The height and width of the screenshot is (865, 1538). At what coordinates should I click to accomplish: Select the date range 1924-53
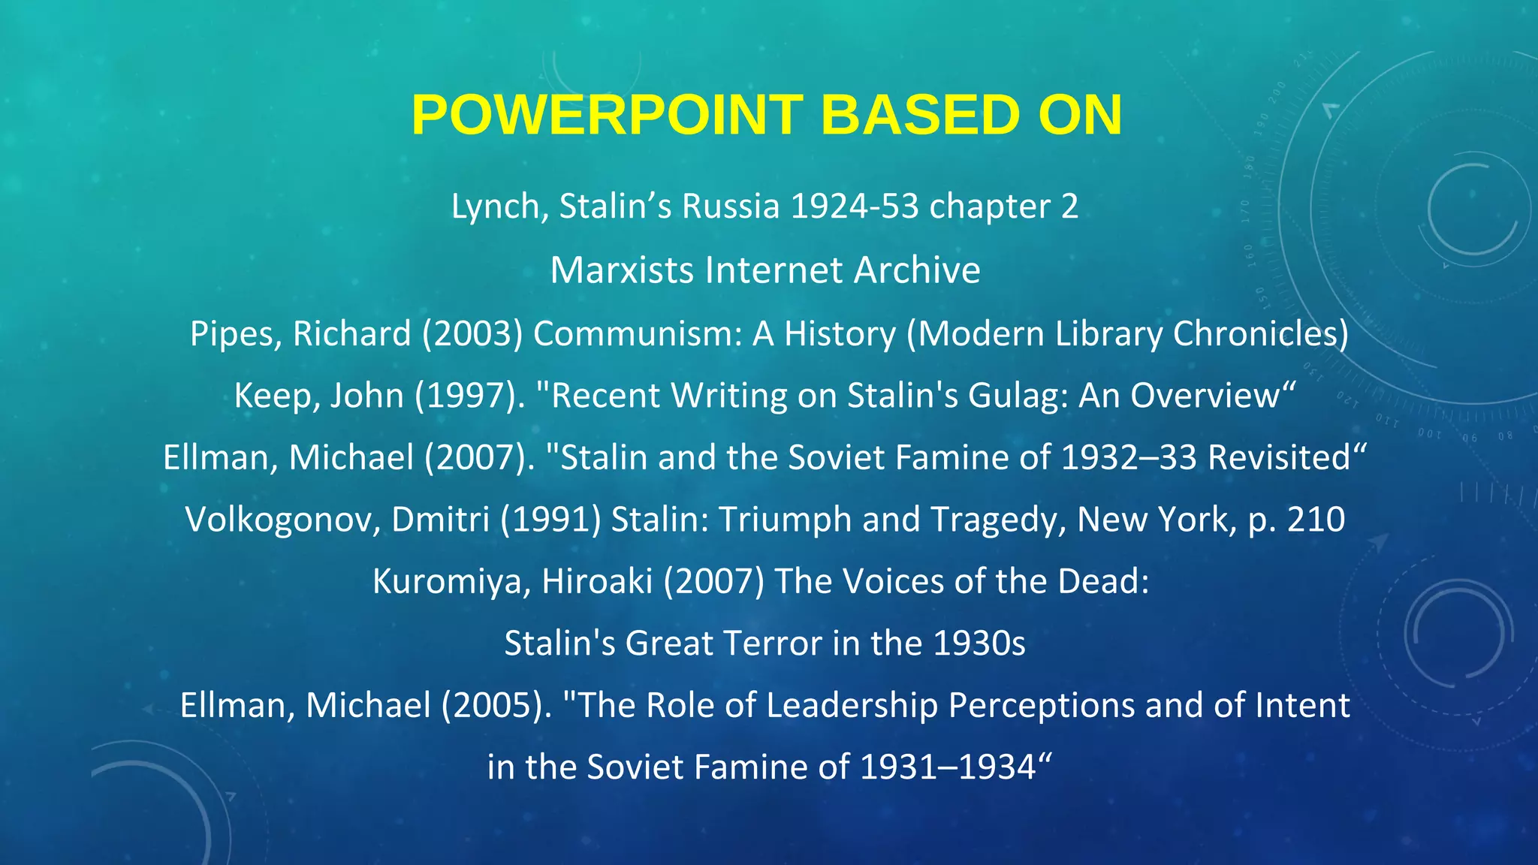tap(855, 206)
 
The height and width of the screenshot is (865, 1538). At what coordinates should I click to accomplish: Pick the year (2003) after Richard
tap(472, 333)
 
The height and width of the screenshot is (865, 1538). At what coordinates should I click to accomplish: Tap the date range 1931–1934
tap(948, 767)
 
